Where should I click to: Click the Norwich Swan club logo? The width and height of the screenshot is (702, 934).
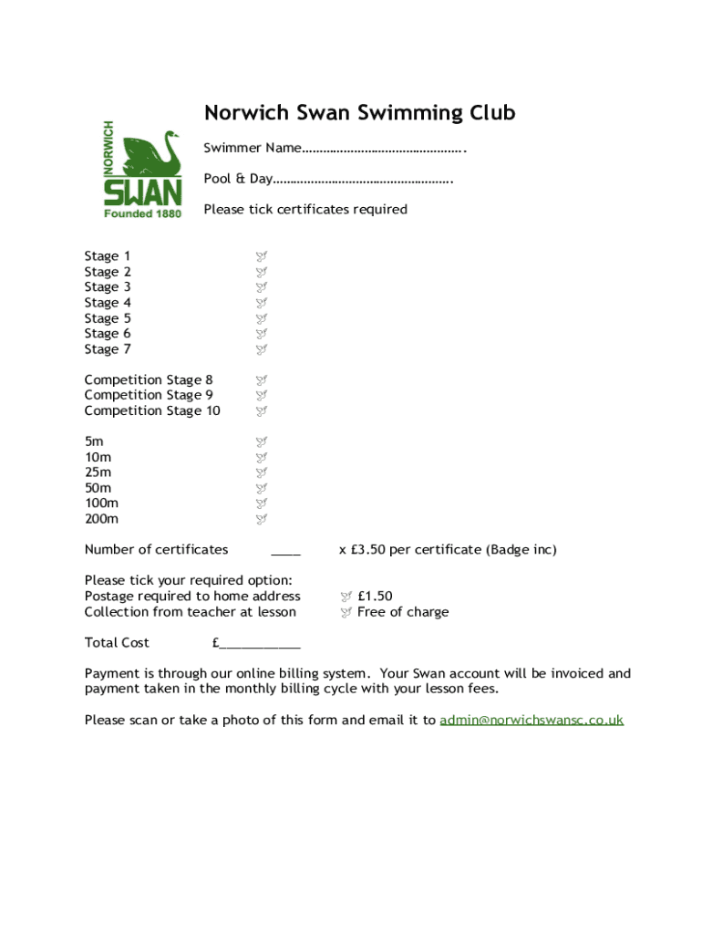tap(142, 170)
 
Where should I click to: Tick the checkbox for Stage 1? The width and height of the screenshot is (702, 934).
tap(261, 257)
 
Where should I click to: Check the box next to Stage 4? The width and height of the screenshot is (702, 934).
tap(261, 303)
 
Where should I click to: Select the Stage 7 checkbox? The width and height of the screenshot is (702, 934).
tap(261, 349)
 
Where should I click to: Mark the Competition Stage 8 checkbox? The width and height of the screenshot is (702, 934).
tap(261, 380)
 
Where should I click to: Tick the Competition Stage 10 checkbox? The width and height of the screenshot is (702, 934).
tap(261, 411)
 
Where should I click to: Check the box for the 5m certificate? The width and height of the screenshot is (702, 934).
tap(261, 442)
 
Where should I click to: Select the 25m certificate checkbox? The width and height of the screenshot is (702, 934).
tap(261, 473)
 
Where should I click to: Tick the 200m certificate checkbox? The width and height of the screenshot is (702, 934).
tap(261, 520)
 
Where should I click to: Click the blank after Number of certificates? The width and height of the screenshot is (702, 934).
tap(285, 551)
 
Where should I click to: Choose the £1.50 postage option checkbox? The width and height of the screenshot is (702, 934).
tap(346, 597)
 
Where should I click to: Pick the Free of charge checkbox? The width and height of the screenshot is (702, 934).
tap(346, 613)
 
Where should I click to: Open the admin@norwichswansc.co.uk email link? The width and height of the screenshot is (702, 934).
tap(532, 721)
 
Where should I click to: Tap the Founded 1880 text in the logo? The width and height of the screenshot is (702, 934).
tap(142, 213)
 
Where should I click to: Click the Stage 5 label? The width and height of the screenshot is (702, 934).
tap(108, 318)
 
